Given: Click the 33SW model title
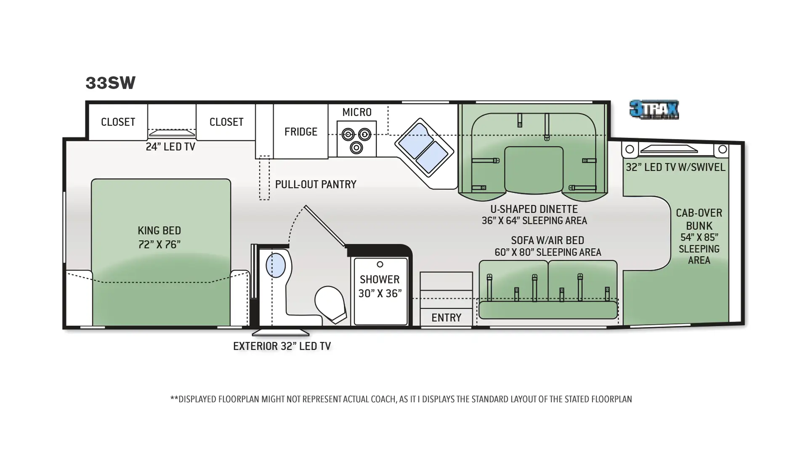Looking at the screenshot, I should click(x=111, y=83).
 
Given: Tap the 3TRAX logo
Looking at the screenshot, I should click(x=654, y=110).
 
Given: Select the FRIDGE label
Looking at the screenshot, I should click(x=300, y=132).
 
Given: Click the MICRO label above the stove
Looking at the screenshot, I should click(x=356, y=112).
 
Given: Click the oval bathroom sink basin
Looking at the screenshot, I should click(x=276, y=265).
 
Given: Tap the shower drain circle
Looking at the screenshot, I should click(x=380, y=264).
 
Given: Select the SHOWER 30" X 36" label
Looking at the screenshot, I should click(x=380, y=286).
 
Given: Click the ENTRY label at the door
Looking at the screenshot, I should click(x=446, y=317).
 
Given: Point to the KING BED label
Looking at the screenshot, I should click(x=159, y=237).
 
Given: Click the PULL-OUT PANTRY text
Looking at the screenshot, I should click(x=315, y=184).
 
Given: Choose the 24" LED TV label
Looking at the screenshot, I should click(x=170, y=147).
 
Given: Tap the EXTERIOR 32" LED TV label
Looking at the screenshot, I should click(x=282, y=346).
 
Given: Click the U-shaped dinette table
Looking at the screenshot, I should click(x=534, y=170).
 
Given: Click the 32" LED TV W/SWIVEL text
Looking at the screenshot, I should click(x=675, y=167).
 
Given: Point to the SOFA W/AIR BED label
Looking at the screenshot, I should click(x=548, y=246).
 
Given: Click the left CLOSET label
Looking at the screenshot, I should click(x=118, y=122).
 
